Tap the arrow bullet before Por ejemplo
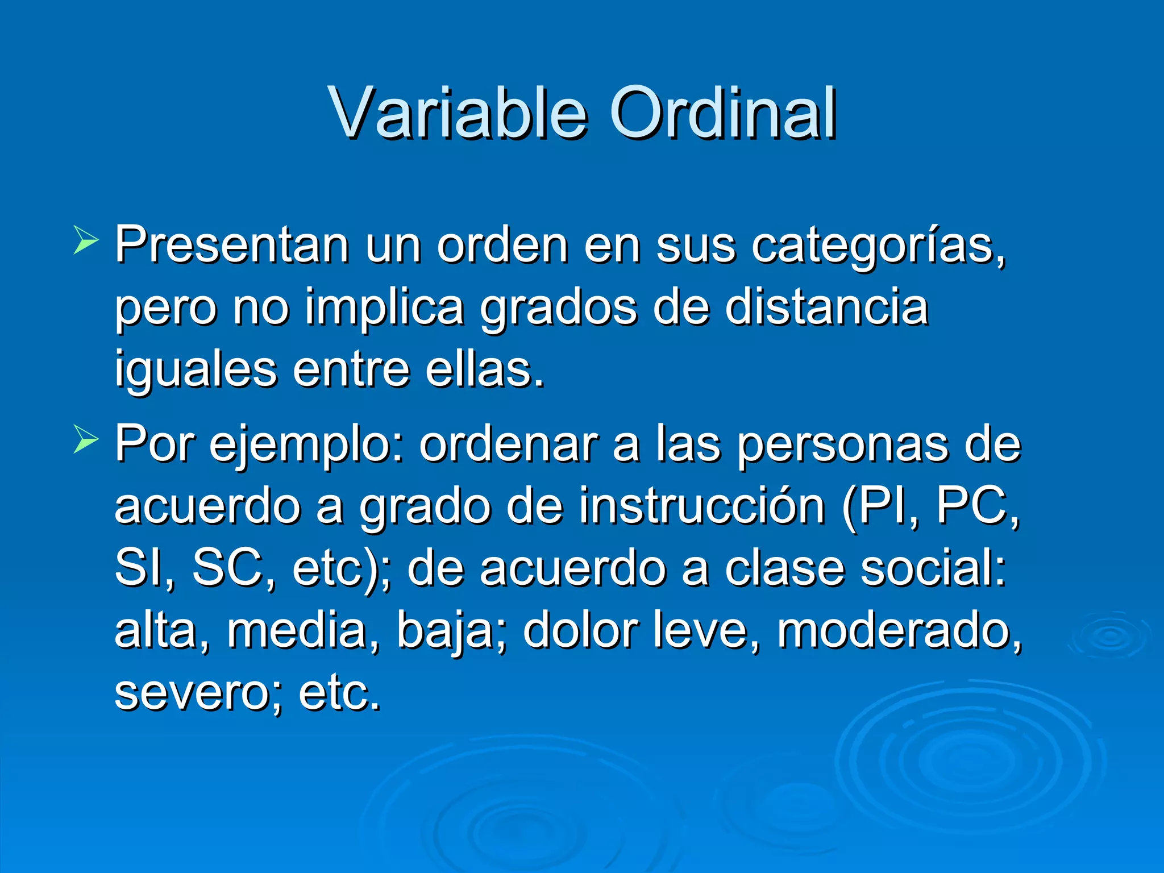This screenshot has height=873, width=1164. click(x=86, y=441)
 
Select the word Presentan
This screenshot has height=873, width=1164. click(x=232, y=246)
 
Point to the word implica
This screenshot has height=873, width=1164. click(x=384, y=309)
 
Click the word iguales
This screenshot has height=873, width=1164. click(x=196, y=371)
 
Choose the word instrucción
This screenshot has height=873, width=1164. click(x=702, y=506)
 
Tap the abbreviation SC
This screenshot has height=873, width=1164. click(x=227, y=568)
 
